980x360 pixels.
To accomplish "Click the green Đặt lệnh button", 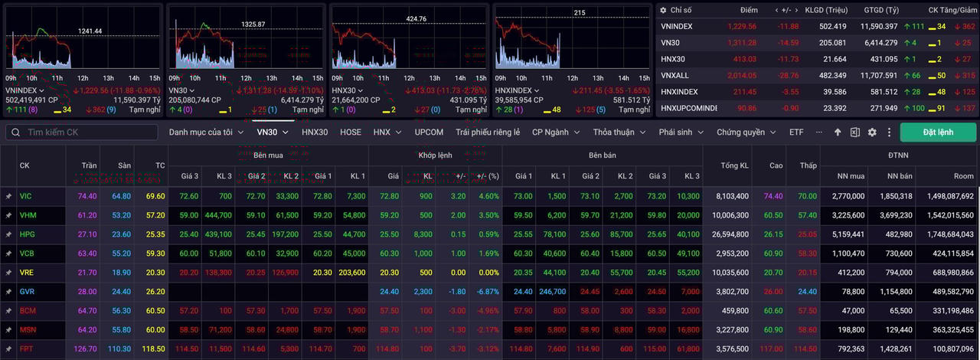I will click(938, 132).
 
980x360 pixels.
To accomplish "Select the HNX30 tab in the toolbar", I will click(315, 132).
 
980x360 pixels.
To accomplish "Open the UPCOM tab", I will click(429, 132).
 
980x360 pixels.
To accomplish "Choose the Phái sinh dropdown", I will click(681, 132).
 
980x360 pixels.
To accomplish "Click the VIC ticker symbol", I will click(26, 196).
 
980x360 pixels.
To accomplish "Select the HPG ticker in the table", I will click(28, 234).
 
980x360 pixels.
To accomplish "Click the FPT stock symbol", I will click(27, 348).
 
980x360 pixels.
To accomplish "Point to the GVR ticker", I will click(28, 291).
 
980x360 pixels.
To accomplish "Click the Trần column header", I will click(87, 165).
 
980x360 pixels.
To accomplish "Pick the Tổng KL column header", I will click(735, 165).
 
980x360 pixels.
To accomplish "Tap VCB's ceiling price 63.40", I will click(87, 253).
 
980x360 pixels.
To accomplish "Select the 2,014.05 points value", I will click(742, 75).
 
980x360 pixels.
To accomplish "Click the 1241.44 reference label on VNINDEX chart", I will click(90, 31).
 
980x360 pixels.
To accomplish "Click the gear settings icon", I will click(872, 133).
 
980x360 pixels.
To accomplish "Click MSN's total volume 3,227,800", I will click(733, 329).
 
